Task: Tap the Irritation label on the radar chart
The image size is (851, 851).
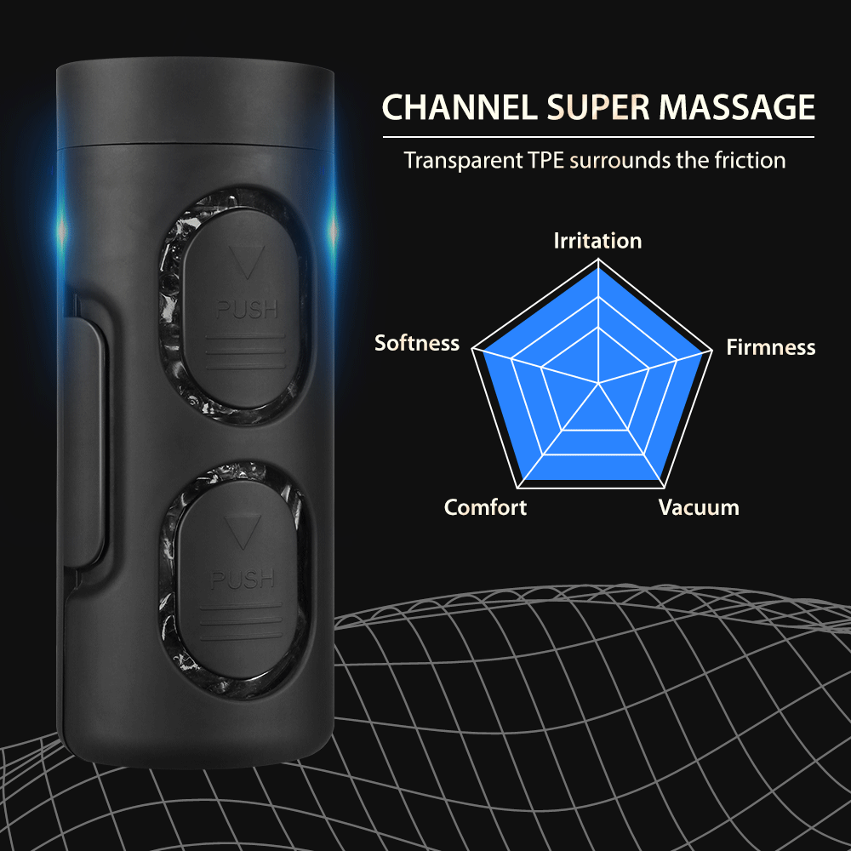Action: click(x=597, y=241)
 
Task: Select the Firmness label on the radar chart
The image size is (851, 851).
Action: click(x=770, y=347)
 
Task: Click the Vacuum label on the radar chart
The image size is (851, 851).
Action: click(x=699, y=508)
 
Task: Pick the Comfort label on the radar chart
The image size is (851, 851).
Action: click(x=485, y=508)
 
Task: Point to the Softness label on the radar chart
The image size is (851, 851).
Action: click(x=417, y=343)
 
